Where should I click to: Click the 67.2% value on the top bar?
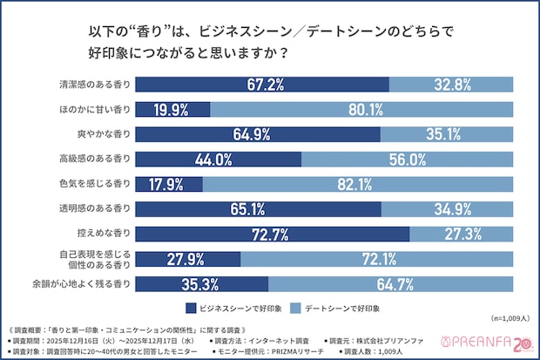point(266,85)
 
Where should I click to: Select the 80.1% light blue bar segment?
point(361,110)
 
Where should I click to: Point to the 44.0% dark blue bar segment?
point(219,160)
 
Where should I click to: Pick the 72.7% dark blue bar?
point(273,234)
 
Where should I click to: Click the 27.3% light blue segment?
point(461,234)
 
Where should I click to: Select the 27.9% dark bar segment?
point(188,259)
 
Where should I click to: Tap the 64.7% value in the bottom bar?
point(390,284)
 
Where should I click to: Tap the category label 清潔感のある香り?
point(96,85)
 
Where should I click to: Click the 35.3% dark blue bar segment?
point(202,284)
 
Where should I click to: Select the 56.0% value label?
point(407,160)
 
